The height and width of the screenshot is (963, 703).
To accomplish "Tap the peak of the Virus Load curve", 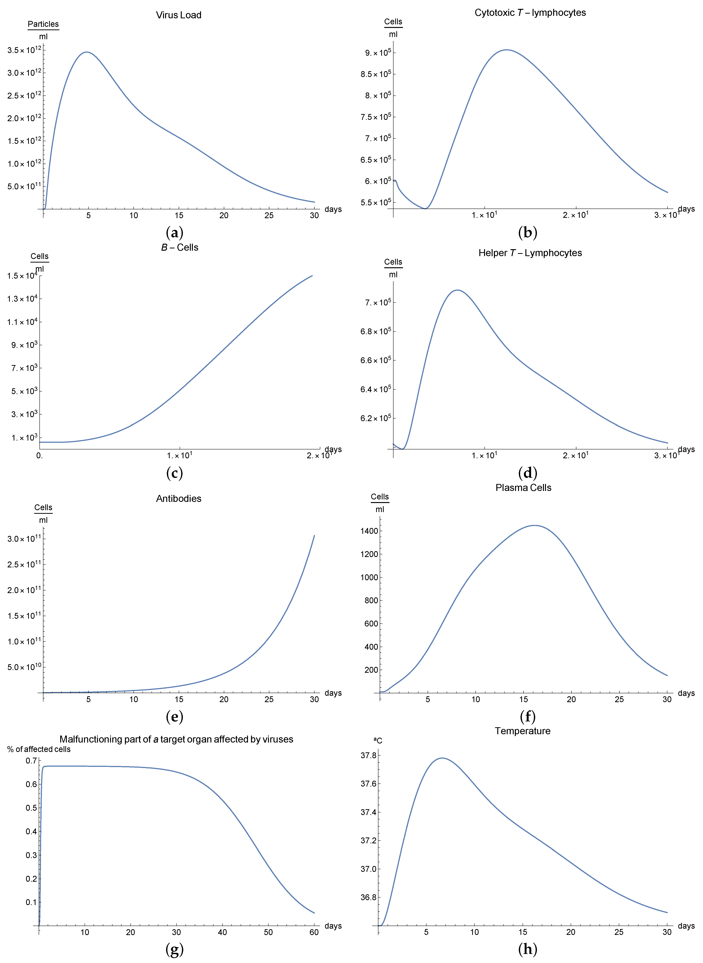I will coord(87,52).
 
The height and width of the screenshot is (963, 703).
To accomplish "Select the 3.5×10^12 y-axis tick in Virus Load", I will coord(24,50).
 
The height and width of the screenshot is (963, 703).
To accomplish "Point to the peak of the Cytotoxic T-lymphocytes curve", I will coord(506,50).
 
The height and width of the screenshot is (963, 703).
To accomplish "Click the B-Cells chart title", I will coord(180,247).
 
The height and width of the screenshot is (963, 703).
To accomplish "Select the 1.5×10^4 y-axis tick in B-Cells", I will coord(22,276).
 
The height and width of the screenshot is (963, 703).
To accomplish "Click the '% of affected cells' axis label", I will coord(39,749).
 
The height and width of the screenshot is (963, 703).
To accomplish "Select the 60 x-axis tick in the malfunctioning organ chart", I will coord(314,932).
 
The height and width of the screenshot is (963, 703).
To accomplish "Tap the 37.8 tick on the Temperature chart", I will coord(369,755).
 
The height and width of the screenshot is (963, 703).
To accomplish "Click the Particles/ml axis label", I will coord(43,30).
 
